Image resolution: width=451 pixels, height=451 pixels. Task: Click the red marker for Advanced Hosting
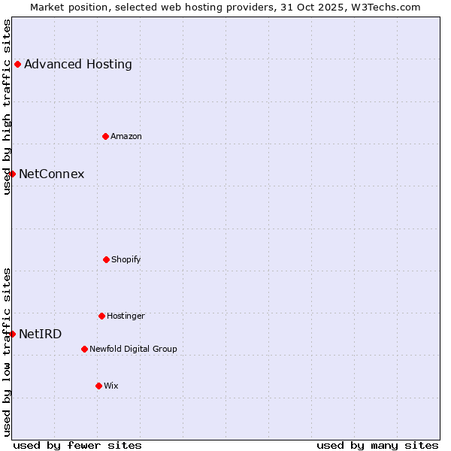coord(17,65)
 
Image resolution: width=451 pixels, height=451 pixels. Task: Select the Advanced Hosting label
coord(78,65)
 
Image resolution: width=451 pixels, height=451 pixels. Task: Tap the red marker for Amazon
coord(105,136)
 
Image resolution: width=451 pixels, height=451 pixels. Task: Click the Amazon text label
coord(126,136)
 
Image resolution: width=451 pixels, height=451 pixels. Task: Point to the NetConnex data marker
coord(12,174)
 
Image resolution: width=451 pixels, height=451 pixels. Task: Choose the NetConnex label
coord(51,174)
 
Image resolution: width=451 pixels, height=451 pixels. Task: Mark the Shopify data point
coord(106,259)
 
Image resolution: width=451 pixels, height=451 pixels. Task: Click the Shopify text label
coord(126,260)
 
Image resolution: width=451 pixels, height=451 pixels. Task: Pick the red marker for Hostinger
coord(101,316)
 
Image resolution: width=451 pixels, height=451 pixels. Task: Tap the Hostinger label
coord(126,316)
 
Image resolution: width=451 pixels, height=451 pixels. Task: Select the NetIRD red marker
coord(12,334)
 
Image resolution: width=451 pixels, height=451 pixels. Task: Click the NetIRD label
coord(41,334)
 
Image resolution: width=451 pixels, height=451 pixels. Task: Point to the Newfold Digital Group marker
coord(84,349)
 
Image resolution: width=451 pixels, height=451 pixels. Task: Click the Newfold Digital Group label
coord(134,349)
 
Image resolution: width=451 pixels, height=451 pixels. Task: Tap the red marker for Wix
coord(98,386)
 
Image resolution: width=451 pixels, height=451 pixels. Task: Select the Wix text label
coord(111,386)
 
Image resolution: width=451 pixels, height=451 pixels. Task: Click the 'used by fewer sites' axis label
coord(77,445)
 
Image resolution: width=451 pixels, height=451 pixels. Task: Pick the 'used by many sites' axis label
coord(377,445)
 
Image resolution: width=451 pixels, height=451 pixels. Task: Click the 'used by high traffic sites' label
coord(7,107)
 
